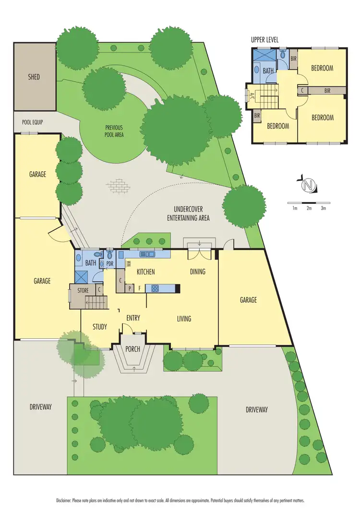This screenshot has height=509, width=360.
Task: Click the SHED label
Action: click(34, 77)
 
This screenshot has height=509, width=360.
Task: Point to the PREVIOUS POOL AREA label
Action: click(114, 131)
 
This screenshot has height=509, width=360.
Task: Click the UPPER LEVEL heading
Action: click(264, 39)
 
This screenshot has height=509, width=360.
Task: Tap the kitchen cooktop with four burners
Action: click(156, 288)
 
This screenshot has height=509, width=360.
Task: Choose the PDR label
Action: click(109, 263)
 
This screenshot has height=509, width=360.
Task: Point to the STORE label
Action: click(83, 290)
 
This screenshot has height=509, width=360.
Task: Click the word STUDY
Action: click(100, 327)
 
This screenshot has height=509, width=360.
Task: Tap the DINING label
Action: click(197, 272)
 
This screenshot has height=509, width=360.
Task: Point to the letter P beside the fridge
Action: click(130, 289)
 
